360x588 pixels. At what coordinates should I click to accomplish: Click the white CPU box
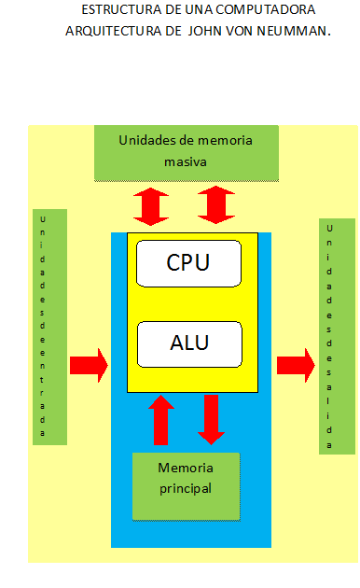pos(188,262)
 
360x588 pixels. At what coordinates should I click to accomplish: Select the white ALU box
pos(188,343)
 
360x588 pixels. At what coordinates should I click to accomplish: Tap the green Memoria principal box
pos(186,485)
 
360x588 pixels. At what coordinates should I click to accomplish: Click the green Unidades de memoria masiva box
pos(187,151)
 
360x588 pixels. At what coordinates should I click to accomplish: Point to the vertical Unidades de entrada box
pos(50,327)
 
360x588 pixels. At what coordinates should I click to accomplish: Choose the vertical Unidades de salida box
pos(337,336)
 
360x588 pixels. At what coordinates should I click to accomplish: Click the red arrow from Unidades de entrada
pos(89,363)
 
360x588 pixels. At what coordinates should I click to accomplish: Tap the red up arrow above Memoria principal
pos(162,420)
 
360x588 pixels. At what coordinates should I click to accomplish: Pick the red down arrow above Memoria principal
pos(213,419)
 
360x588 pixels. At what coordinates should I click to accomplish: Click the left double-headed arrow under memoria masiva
pos(150,205)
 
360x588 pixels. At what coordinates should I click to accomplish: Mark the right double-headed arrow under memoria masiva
pos(216,205)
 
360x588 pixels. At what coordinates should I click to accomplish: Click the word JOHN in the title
pos(206,30)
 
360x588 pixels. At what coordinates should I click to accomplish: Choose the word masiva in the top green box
pos(185,161)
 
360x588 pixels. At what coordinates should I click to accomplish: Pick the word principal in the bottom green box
pos(185,487)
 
